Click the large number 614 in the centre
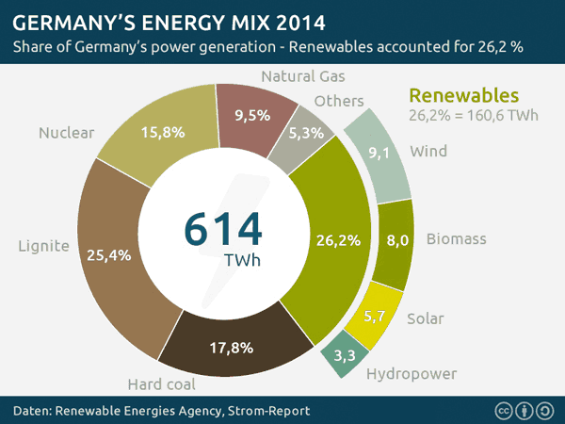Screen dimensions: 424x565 coord(223,228)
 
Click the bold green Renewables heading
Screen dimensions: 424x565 coord(463,95)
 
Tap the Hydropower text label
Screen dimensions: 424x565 coord(412,374)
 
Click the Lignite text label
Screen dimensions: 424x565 coord(43,247)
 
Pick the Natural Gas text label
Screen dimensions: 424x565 coord(303,75)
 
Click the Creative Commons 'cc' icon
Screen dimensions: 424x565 coord(503,411)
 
